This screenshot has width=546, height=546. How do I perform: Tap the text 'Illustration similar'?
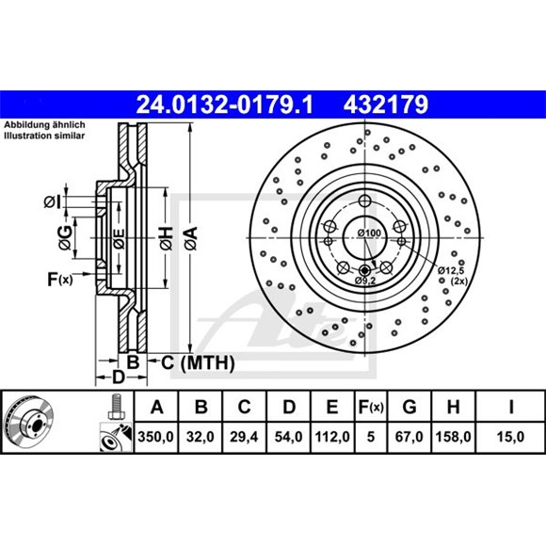44,135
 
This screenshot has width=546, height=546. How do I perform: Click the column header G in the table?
409,407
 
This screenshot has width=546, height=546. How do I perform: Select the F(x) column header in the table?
371,407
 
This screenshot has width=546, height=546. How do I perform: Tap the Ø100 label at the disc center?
368,233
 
